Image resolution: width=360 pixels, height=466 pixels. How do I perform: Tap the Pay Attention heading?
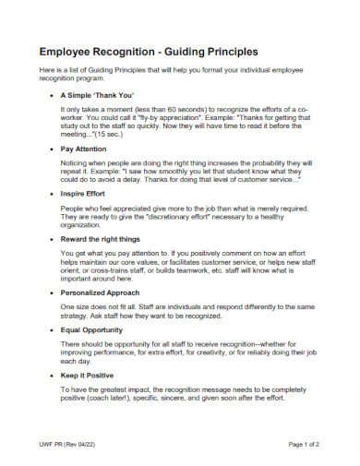pos(86,148)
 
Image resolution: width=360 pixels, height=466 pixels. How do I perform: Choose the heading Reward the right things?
pos(100,238)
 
